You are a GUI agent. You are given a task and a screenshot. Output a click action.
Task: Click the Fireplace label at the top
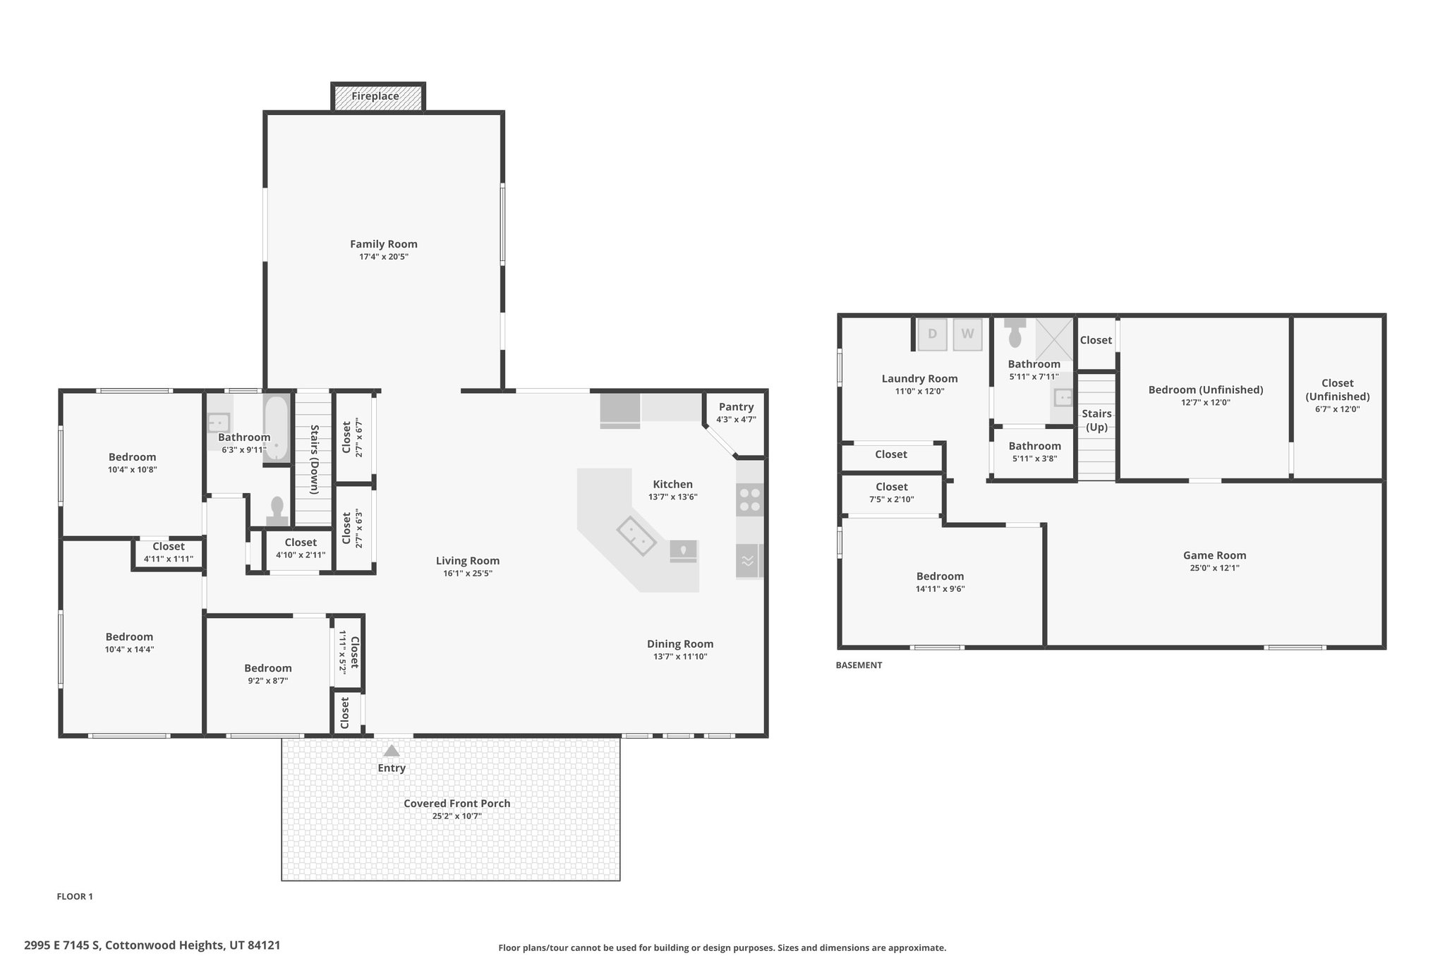[x=375, y=96]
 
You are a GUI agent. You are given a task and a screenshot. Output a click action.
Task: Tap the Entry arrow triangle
[x=392, y=751]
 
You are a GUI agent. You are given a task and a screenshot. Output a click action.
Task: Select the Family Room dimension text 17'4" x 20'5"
[x=384, y=257]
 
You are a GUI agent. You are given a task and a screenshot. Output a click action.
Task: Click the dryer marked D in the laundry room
[x=932, y=334]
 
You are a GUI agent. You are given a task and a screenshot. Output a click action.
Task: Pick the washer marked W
[x=967, y=334]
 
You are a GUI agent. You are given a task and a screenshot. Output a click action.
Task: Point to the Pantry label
[x=737, y=406]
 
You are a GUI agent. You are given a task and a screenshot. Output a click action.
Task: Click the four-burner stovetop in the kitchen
[x=749, y=499]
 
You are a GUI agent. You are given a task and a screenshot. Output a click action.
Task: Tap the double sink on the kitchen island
[x=637, y=536]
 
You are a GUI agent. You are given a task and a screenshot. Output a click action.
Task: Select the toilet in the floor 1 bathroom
[x=277, y=511]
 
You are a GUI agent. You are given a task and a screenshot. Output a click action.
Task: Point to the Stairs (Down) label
[x=314, y=459]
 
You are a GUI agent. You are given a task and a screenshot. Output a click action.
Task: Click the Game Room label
[x=1214, y=555]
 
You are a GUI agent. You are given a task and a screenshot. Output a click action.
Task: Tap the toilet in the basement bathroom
[x=1015, y=332]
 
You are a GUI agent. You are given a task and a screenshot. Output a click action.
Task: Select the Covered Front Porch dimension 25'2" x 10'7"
[x=457, y=816]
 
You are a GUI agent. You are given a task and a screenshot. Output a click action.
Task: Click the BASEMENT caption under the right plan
[x=859, y=665]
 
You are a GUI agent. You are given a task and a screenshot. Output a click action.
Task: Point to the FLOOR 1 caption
[x=75, y=897]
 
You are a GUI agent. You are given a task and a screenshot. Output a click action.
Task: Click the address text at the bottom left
[x=152, y=945]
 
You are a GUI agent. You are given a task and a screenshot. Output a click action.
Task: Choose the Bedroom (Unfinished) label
[x=1205, y=389]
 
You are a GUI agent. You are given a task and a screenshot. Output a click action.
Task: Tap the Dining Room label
[x=680, y=643]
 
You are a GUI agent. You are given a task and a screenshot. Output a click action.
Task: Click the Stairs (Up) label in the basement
[x=1096, y=420]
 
